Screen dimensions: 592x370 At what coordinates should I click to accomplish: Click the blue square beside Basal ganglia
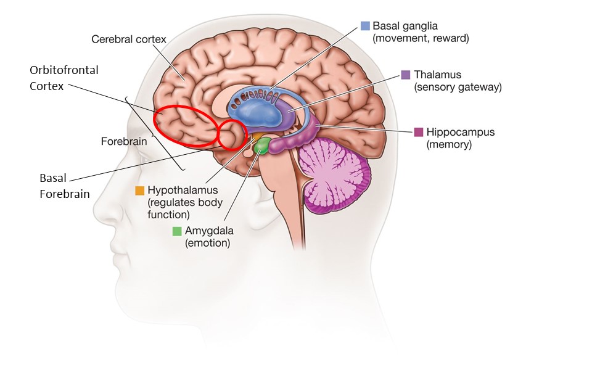click(365, 26)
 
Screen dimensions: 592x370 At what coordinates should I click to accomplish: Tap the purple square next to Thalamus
click(406, 75)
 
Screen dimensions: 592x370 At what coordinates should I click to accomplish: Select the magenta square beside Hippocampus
click(418, 132)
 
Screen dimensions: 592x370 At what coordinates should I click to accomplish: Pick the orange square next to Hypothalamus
click(140, 191)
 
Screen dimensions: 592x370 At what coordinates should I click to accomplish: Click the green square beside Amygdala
click(177, 231)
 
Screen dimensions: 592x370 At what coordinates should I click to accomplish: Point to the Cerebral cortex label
click(129, 39)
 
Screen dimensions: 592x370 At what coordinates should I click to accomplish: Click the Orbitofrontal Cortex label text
click(64, 78)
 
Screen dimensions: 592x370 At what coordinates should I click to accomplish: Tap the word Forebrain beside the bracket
click(124, 141)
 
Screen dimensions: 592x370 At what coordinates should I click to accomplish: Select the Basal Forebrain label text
click(65, 186)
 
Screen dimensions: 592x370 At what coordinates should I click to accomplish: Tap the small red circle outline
click(220, 135)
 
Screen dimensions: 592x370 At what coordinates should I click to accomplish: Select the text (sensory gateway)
click(458, 87)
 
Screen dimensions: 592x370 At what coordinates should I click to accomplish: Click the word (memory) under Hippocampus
click(449, 144)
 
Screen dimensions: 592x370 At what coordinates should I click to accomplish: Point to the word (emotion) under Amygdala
click(207, 243)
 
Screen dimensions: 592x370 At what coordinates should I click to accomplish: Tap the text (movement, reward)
click(421, 38)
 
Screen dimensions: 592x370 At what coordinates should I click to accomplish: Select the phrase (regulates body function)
click(185, 208)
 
